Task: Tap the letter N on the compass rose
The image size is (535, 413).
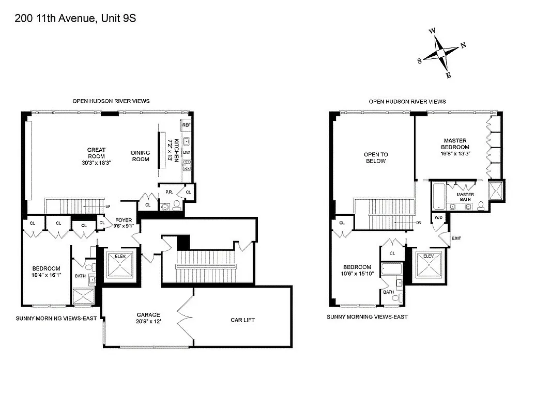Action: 463,45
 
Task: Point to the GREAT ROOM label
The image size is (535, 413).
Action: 96,153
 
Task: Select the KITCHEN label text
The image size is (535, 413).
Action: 176,150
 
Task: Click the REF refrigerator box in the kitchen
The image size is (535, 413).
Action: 187,125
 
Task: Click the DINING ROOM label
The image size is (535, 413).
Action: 140,156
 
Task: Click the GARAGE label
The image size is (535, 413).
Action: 148,314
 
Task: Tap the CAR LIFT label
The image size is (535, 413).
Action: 242,320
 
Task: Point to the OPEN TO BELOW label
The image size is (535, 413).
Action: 376,157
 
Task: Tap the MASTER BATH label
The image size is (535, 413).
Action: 465,197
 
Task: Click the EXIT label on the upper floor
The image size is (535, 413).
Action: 456,238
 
